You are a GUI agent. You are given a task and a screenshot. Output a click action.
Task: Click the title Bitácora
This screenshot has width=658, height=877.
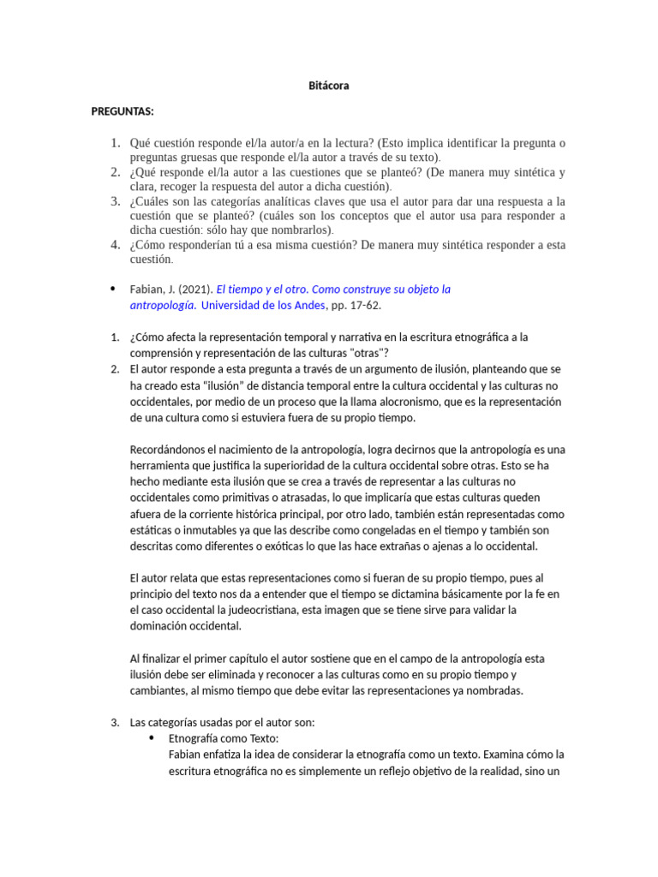(329, 86)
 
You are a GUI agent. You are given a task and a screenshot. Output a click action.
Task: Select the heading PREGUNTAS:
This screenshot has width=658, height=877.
(123, 112)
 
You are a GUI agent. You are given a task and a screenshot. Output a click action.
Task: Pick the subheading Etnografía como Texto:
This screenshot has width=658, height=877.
(224, 738)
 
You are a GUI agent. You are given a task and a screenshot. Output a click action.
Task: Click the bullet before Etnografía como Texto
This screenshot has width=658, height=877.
(153, 738)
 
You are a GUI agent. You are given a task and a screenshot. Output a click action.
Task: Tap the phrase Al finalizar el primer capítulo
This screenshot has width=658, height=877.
(212, 659)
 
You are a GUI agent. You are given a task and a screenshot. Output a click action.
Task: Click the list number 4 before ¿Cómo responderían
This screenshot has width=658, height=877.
(115, 245)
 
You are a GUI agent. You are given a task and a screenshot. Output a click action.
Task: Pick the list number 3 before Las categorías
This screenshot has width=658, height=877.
(115, 723)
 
